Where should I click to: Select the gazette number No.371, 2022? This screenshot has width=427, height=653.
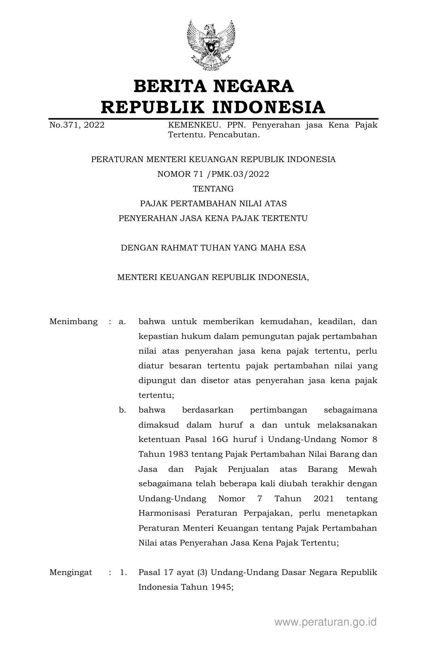[x=77, y=125]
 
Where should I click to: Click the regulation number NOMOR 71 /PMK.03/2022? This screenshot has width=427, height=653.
[x=213, y=174]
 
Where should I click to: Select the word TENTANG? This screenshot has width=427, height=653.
[x=213, y=189]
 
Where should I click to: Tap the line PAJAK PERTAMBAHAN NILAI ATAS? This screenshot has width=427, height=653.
[x=213, y=204]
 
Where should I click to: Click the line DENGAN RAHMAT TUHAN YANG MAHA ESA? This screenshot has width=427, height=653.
[x=213, y=248]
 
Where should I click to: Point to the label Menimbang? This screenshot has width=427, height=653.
[x=74, y=322]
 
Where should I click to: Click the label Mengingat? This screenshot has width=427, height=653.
[x=71, y=572]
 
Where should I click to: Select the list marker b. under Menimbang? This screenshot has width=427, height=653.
[x=122, y=410]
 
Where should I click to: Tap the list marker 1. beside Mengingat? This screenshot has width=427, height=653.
[x=123, y=572]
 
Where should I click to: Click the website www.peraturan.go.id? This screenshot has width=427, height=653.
[x=326, y=622]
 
